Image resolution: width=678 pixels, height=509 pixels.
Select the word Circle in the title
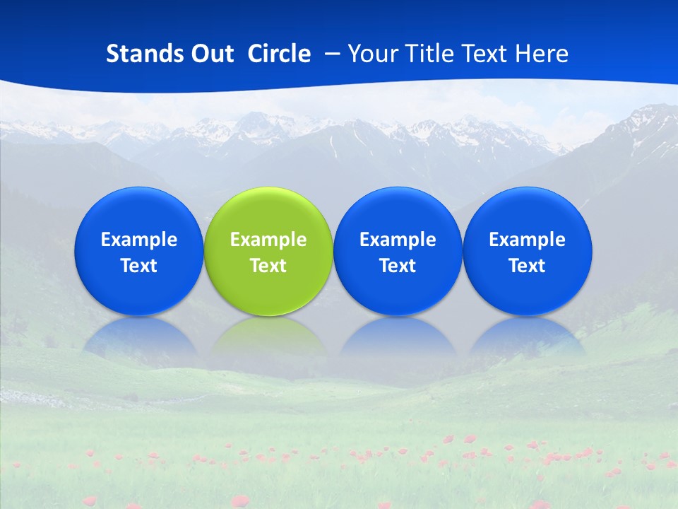click(279, 54)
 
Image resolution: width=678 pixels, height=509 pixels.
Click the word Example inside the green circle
click(268, 240)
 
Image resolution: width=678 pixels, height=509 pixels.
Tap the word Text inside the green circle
click(268, 266)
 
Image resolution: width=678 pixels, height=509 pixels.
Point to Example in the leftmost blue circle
click(138, 240)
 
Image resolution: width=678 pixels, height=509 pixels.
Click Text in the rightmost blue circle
click(528, 266)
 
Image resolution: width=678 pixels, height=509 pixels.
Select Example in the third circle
click(398, 240)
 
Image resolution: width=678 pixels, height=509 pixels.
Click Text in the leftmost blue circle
click(138, 266)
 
